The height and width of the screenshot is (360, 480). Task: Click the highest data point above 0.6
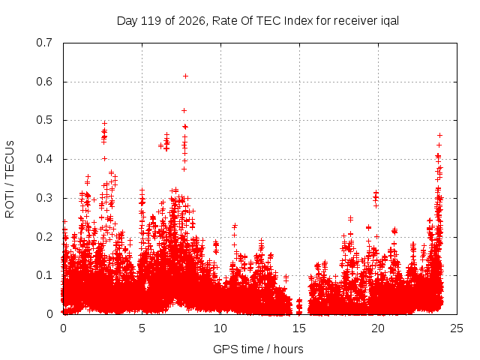pos(185,76)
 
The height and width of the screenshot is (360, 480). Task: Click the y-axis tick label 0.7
pos(44,43)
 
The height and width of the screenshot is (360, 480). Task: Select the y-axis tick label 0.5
pos(44,120)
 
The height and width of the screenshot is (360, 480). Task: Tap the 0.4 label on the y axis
pos(44,159)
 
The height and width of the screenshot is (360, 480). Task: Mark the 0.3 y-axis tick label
pos(44,198)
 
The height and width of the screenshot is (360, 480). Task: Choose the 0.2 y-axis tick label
pos(44,237)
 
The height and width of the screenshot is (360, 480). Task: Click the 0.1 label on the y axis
pos(44,275)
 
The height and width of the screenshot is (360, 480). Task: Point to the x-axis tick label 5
pos(142,328)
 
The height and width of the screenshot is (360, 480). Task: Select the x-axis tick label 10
pos(220,328)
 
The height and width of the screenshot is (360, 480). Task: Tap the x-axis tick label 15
pos(299,328)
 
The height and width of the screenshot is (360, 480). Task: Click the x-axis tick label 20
pos(378,328)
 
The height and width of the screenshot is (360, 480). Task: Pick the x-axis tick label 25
pos(457,328)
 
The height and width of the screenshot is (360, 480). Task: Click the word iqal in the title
pos(390,21)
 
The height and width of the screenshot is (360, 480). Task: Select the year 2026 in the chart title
pos(192,21)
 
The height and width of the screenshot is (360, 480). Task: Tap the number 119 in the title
pos(151,21)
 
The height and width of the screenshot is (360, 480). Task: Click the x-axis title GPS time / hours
pos(258,349)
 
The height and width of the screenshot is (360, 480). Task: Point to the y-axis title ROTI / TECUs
pos(10,179)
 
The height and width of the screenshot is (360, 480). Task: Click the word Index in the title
pos(298,21)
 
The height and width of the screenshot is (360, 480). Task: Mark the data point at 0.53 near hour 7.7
pos(184,111)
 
